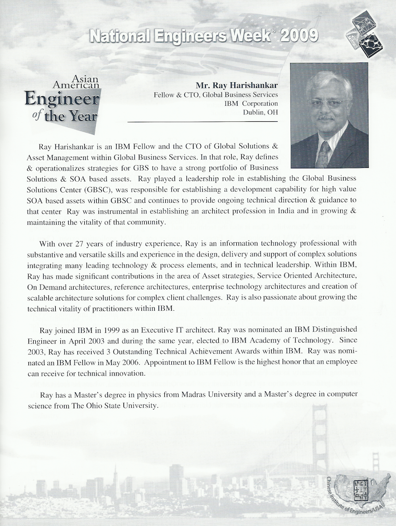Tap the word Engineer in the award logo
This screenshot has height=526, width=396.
pyautogui.click(x=63, y=99)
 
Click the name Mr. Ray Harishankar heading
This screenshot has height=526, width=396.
pyautogui.click(x=237, y=86)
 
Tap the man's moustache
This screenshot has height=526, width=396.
pyautogui.click(x=326, y=117)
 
